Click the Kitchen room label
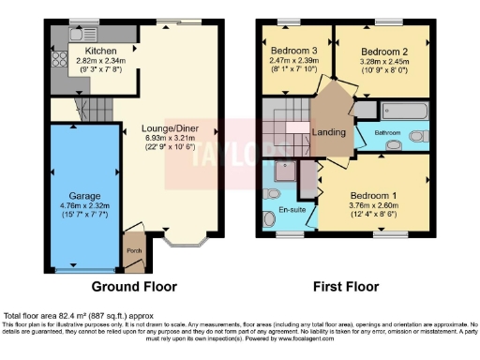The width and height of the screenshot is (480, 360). pos(100,51)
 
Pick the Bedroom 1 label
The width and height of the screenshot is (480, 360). pos(374,195)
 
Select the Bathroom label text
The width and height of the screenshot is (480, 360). pos(389,133)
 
